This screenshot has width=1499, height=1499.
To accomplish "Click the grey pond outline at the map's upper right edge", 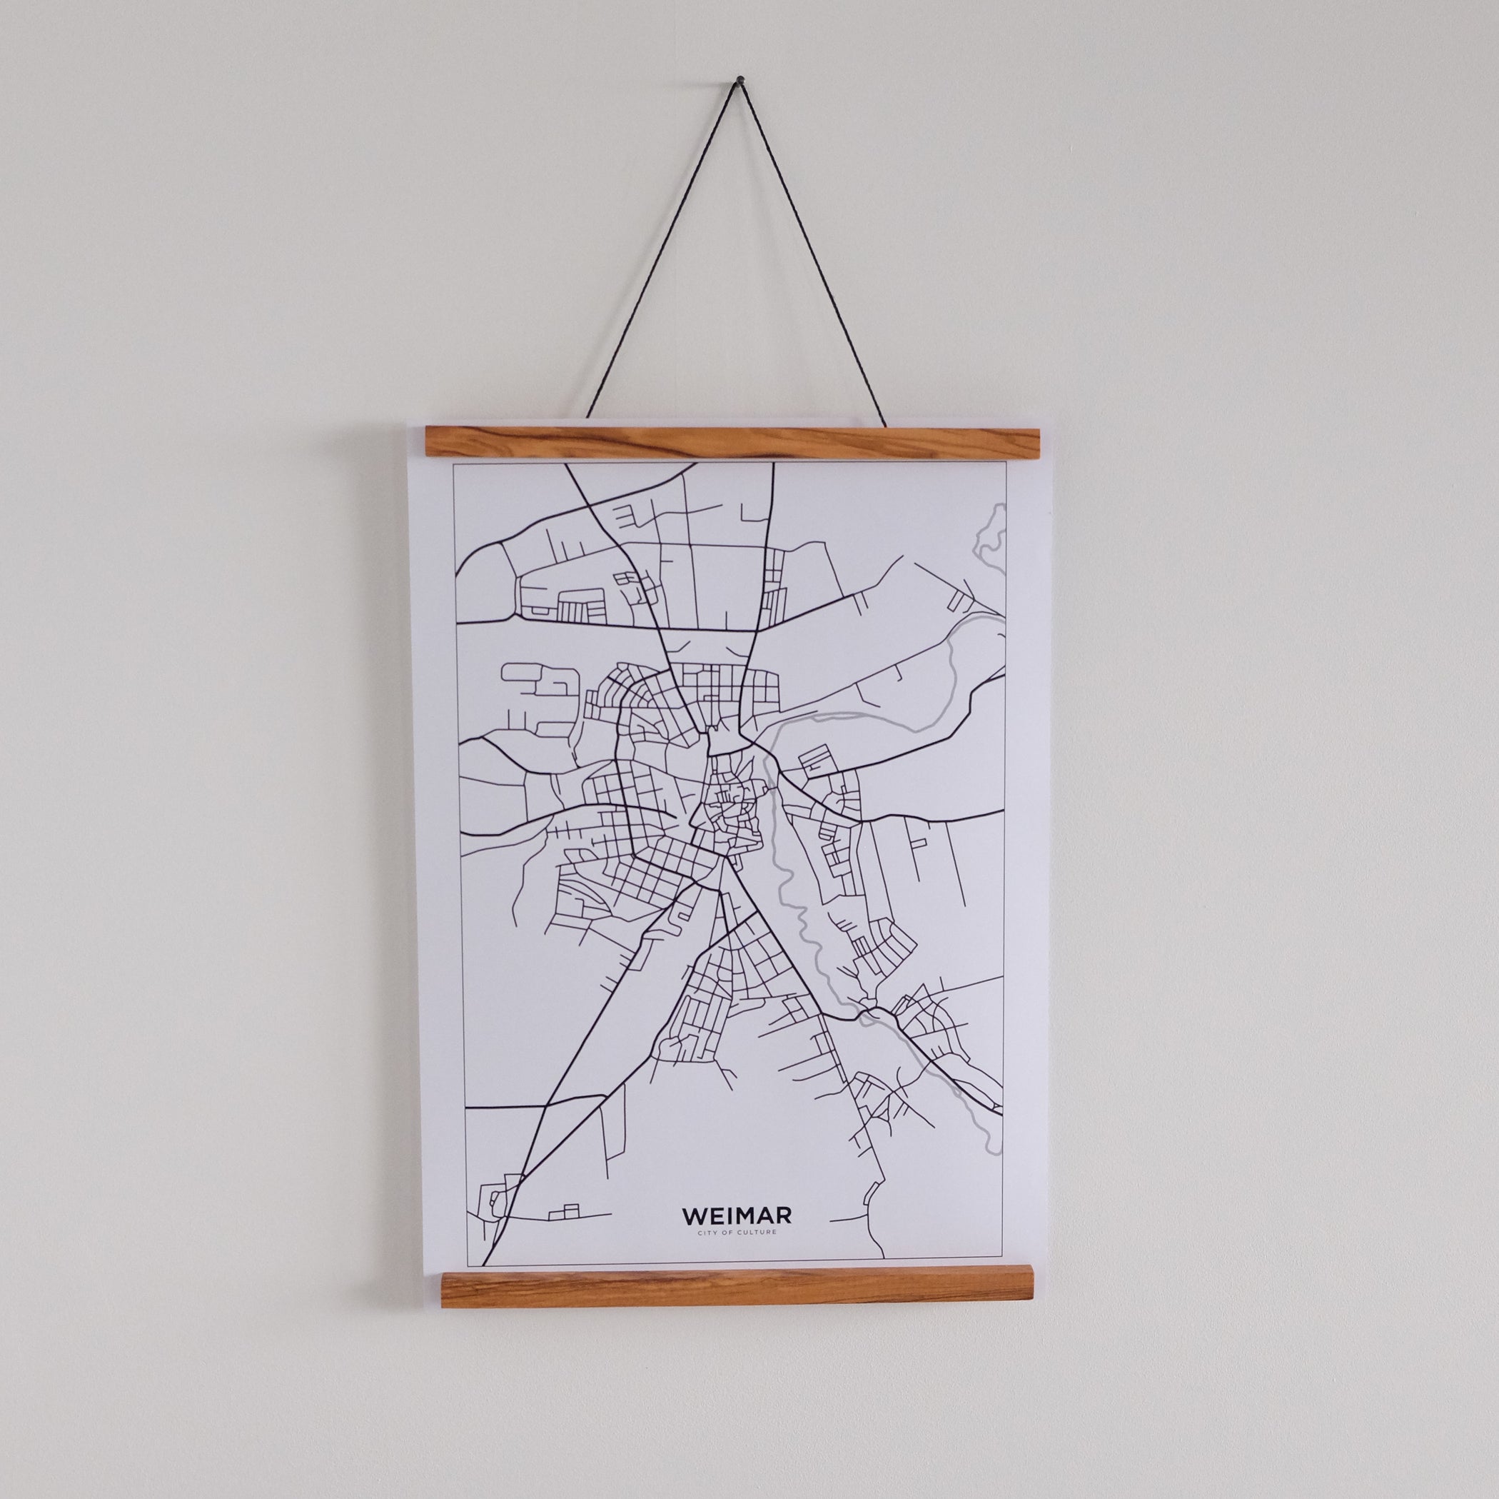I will pos(992,536).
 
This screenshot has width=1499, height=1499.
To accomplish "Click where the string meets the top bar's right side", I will pos(884,424).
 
